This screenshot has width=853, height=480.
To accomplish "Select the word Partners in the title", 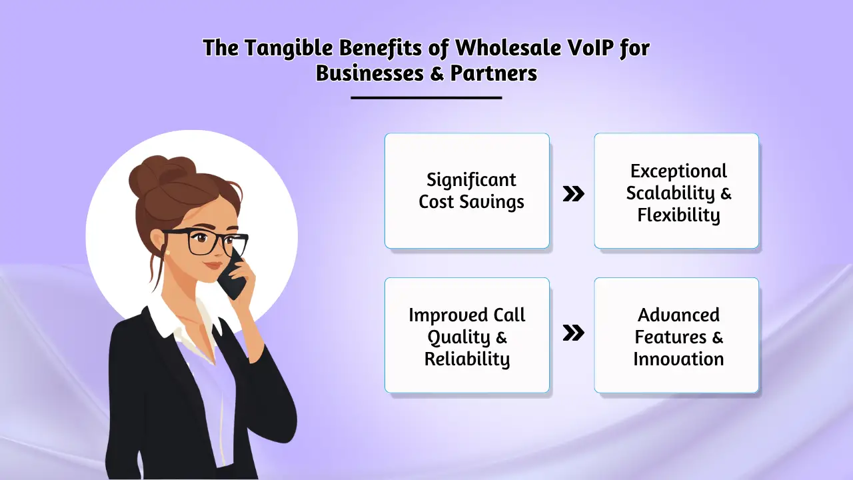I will click(x=494, y=73).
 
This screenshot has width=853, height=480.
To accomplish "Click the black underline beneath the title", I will click(x=426, y=98).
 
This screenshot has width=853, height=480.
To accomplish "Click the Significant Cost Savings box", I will click(x=466, y=191).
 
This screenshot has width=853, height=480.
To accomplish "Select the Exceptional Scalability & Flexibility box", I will click(x=676, y=191).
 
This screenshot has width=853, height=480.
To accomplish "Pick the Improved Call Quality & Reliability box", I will click(x=466, y=335).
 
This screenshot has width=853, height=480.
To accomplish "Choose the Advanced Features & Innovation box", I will click(x=676, y=335).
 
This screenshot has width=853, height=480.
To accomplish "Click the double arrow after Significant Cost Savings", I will click(x=573, y=194).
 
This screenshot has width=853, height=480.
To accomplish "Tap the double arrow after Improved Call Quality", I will click(x=573, y=333).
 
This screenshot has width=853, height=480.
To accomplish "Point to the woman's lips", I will click(x=213, y=265).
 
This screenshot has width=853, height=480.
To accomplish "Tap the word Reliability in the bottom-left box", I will click(x=466, y=359).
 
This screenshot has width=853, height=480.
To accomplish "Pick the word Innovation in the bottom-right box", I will click(x=678, y=359).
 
